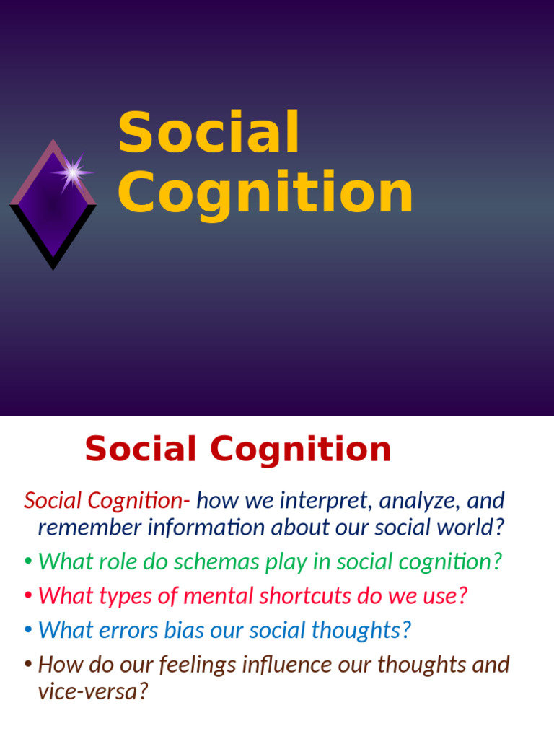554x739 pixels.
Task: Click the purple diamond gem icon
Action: coord(52,206)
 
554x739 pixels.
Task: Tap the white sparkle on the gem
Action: coord(71,172)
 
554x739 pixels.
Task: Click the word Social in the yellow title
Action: coord(208,134)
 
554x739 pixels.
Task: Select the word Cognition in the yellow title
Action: coord(265,193)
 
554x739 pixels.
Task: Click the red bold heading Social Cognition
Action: coord(238,450)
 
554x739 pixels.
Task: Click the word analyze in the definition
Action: coord(414,499)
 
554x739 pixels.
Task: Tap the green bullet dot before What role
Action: coord(27,562)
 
